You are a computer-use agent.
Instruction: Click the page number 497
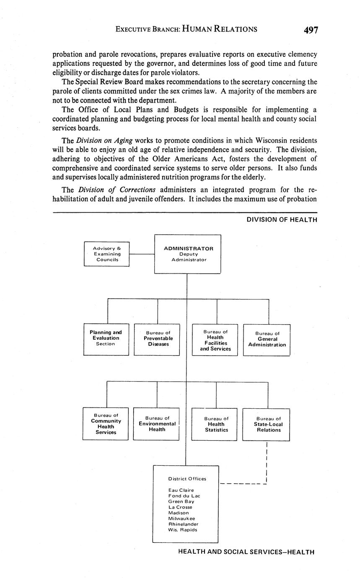click(x=311, y=30)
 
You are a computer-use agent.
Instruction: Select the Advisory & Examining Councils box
click(x=107, y=254)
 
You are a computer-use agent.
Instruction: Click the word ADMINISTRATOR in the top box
click(x=188, y=248)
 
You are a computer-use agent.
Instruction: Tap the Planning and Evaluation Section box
click(x=106, y=340)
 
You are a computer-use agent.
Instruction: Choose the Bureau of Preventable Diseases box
click(x=157, y=340)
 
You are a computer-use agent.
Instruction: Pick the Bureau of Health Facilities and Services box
click(x=215, y=340)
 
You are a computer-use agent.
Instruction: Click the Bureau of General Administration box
click(x=267, y=340)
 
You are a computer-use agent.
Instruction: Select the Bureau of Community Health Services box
click(x=106, y=423)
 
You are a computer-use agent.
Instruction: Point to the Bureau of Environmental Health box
click(x=156, y=423)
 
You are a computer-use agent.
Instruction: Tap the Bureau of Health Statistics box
click(x=215, y=423)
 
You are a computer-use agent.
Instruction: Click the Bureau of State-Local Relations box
click(x=266, y=424)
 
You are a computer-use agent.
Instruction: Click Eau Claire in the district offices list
click(x=181, y=490)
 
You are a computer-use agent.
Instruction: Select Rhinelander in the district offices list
click(x=183, y=524)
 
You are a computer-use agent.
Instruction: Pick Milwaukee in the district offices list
click(x=181, y=519)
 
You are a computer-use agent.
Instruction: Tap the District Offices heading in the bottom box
click(x=187, y=479)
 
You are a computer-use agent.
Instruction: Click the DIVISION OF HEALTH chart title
click(x=282, y=219)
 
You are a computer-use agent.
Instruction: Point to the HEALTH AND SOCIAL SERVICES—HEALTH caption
click(x=246, y=552)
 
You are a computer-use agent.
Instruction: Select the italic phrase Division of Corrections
click(x=117, y=189)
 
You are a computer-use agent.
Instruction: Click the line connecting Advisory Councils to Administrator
click(x=142, y=254)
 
